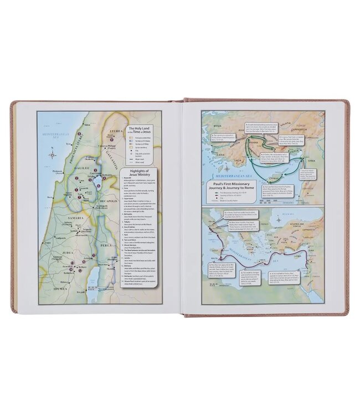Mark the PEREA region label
(106, 245)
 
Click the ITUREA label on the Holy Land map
(115, 132)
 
